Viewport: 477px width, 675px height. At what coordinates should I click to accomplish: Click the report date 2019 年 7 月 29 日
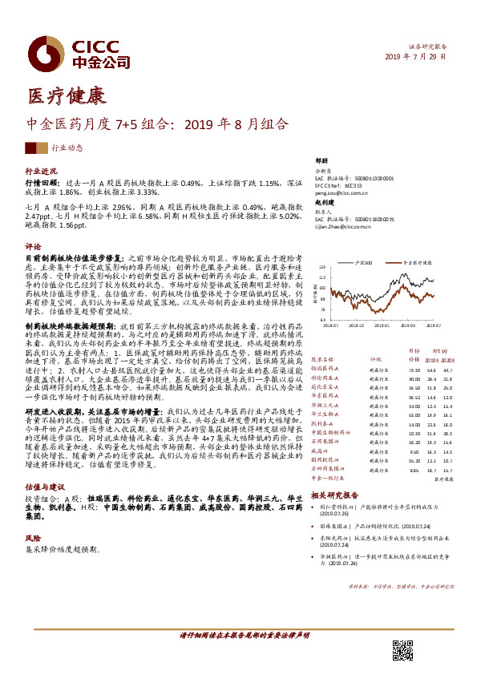(x=416, y=57)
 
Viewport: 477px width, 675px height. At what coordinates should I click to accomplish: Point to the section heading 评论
(x=33, y=247)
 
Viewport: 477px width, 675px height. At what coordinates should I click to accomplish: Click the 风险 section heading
(x=33, y=540)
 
